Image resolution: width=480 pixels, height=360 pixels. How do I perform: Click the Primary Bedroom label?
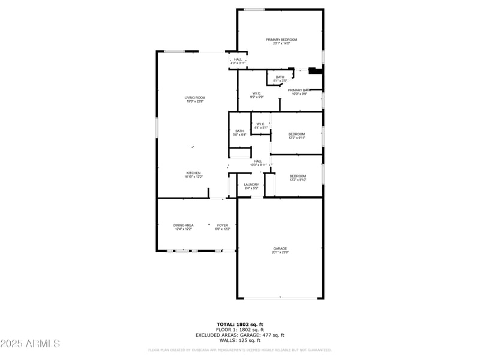(281, 40)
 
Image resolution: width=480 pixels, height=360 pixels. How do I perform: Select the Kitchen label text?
(193, 173)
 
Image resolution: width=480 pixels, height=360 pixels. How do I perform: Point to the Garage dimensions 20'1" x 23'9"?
(280, 253)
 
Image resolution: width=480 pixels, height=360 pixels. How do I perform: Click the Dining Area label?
(184, 225)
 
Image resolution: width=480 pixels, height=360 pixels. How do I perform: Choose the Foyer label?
(222, 225)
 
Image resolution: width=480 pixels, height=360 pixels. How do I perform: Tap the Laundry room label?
(251, 184)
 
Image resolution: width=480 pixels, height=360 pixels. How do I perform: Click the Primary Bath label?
(298, 90)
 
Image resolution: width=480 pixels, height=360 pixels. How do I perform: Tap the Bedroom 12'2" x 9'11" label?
(297, 134)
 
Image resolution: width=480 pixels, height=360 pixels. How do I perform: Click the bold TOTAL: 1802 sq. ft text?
(239, 324)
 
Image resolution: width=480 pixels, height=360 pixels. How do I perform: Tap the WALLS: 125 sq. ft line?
(239, 340)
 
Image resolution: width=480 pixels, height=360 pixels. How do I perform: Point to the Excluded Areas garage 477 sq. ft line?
(239, 335)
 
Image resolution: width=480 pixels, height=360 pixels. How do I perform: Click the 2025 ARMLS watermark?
(30, 343)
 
